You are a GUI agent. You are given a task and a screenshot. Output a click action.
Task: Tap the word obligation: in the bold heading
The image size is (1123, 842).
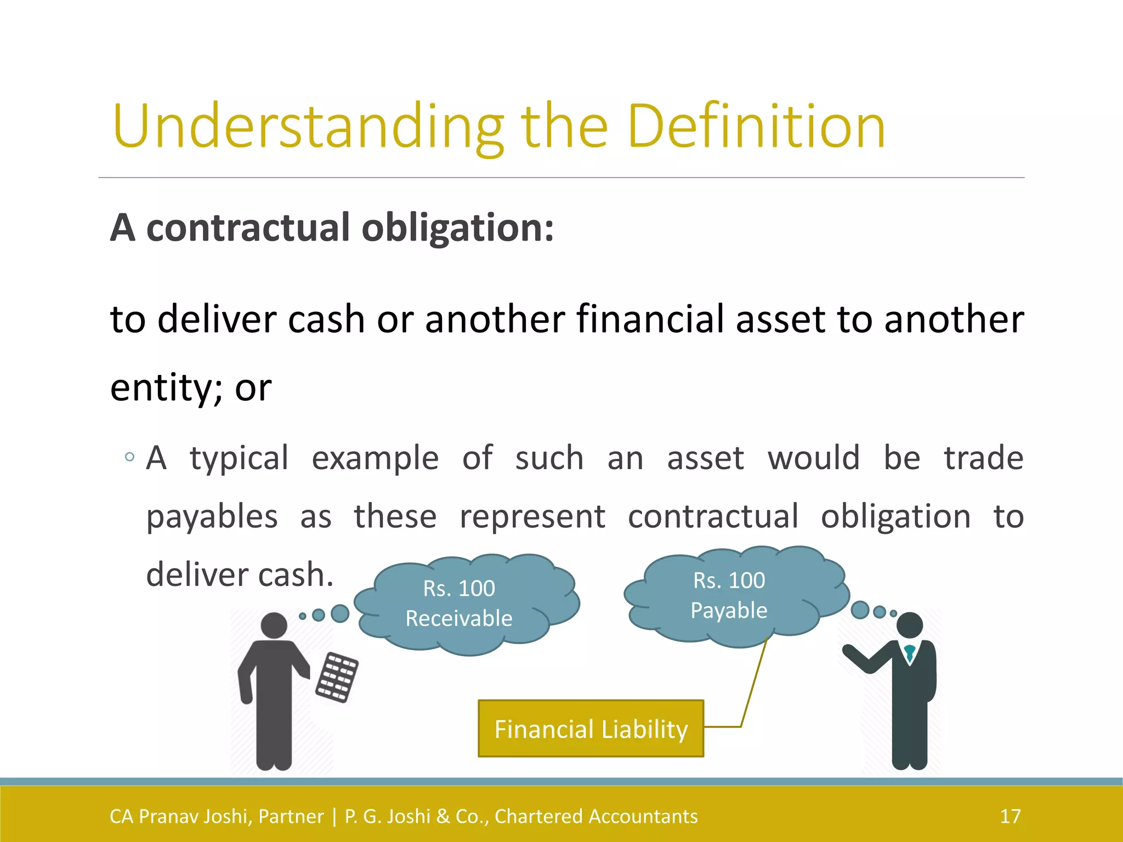coord(458,228)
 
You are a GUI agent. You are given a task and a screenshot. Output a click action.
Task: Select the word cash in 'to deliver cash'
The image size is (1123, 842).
coord(326,319)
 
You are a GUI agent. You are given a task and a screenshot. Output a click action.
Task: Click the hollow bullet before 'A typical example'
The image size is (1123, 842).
coord(129,457)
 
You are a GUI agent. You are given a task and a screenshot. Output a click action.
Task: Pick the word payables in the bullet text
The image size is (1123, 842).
coord(212,516)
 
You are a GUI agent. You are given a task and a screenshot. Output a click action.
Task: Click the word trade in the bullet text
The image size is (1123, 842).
coord(983,458)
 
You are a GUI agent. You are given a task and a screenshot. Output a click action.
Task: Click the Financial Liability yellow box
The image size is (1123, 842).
coord(591,729)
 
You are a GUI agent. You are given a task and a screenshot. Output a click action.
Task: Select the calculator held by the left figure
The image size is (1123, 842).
coord(337,678)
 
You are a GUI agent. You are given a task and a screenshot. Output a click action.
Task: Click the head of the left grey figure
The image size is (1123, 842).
coord(274,625)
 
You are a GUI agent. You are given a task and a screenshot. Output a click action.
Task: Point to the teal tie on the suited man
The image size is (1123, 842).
coord(910,653)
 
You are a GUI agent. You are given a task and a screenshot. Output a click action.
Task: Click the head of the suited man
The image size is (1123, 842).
coord(910,625)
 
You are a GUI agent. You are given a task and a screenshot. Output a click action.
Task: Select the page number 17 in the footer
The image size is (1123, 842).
coord(1010,816)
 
